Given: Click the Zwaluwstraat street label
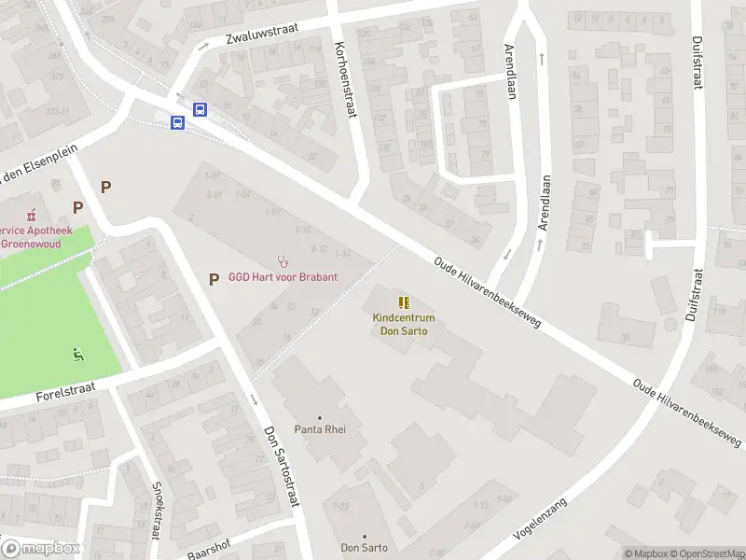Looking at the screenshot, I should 260,36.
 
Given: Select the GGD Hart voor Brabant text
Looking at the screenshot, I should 283,277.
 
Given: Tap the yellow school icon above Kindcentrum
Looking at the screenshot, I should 404,302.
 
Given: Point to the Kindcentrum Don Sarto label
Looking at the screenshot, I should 404,325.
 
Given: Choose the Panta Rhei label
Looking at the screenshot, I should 319,430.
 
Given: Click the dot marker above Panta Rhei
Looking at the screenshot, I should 319,417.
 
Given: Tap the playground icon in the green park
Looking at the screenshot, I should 78,353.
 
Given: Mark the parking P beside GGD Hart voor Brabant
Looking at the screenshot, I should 214,278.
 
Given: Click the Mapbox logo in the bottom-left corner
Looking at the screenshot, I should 39,549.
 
